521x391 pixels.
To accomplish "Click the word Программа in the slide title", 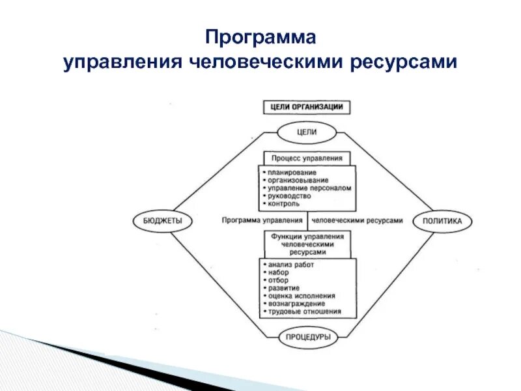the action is tap(260, 37).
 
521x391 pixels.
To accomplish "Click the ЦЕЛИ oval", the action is tap(306, 132).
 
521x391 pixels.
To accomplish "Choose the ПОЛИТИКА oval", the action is tap(442, 221).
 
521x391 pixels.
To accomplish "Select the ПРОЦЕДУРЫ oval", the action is tap(307, 338).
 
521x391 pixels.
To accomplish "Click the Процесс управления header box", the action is tap(307, 158).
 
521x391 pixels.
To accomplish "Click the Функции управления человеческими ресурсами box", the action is tap(307, 244).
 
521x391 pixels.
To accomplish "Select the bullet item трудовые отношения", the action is tap(304, 311).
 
